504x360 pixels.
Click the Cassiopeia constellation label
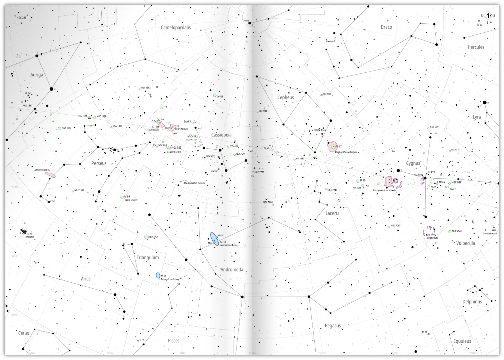221,135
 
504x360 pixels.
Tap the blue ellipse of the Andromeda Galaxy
214,239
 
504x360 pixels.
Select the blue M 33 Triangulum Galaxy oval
158,275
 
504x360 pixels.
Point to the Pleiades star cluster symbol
24,231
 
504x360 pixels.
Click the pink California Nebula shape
50,174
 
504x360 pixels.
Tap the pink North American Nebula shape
389,182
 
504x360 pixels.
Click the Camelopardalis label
175,28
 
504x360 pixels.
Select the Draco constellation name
386,27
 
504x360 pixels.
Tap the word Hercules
476,47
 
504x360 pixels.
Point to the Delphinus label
472,302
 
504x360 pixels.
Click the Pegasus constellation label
333,326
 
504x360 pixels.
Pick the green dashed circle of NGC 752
146,237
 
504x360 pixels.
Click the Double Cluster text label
174,152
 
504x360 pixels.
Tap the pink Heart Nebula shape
174,127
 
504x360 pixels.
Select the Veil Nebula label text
432,238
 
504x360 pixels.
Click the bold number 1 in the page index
488,16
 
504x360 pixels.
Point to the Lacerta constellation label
332,213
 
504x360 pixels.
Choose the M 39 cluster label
363,181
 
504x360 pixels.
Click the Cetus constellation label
24,333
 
